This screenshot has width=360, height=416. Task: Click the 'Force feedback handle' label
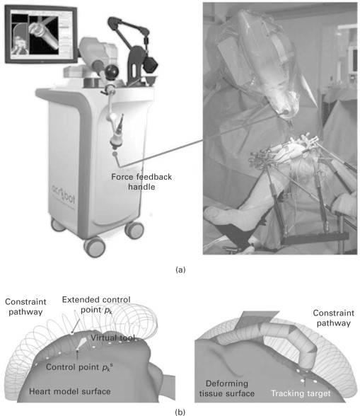click(x=141, y=182)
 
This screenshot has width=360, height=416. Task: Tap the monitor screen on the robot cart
click(x=42, y=35)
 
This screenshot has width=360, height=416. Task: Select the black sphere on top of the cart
click(x=112, y=71)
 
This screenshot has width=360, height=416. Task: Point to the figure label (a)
click(x=180, y=270)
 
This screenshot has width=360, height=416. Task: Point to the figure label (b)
click(x=180, y=412)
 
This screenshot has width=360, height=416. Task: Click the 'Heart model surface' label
click(x=70, y=392)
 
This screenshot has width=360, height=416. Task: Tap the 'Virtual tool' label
click(x=113, y=338)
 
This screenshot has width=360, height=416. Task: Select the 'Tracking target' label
click(x=301, y=393)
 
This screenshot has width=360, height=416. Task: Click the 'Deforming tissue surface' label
click(x=227, y=388)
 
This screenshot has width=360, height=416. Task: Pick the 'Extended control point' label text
click(x=96, y=304)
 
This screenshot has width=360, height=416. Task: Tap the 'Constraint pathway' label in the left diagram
click(x=25, y=307)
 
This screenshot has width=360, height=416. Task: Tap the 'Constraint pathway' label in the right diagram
click(x=333, y=318)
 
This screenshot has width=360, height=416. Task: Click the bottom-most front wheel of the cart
click(x=95, y=247)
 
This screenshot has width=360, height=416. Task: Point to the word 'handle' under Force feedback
click(x=141, y=187)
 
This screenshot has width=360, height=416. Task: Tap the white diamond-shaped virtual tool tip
click(x=82, y=343)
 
